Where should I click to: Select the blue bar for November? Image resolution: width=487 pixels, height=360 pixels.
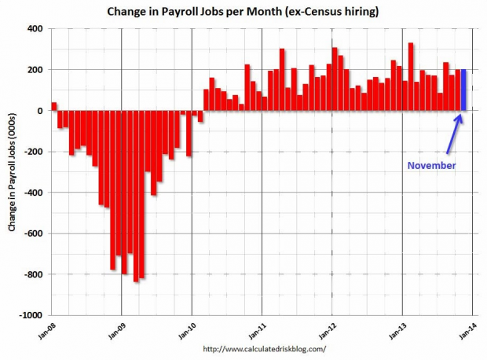(463, 90)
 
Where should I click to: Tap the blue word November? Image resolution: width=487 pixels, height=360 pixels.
(430, 166)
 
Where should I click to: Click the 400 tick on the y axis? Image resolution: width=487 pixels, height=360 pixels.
(37, 29)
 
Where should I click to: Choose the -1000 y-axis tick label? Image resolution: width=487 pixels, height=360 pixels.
(33, 314)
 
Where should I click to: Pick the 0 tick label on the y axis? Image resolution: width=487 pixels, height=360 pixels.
(42, 111)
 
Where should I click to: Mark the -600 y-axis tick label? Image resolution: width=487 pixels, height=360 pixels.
(35, 233)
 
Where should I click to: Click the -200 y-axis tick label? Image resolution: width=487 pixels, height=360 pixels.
(35, 152)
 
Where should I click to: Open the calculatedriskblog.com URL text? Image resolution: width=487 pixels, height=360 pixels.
(264, 348)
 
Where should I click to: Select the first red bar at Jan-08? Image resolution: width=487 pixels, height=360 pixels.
(54, 107)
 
